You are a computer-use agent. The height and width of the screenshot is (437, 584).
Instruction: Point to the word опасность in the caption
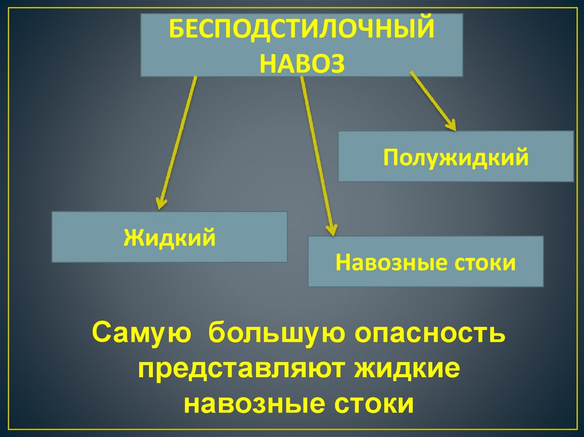pyautogui.click(x=431, y=333)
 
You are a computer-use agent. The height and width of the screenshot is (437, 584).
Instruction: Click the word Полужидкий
pyautogui.click(x=456, y=157)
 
